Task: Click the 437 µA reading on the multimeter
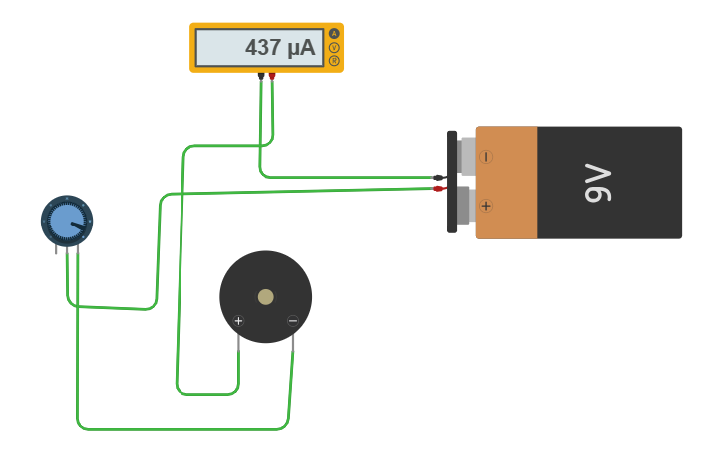pyautogui.click(x=279, y=47)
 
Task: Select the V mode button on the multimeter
pyautogui.click(x=334, y=47)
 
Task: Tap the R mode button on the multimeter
pyautogui.click(x=334, y=61)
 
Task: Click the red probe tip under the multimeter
pyautogui.click(x=272, y=76)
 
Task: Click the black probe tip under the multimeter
pyautogui.click(x=261, y=76)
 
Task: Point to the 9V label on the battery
pyautogui.click(x=598, y=183)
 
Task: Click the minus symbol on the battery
pyautogui.click(x=486, y=157)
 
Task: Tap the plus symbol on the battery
pyautogui.click(x=486, y=206)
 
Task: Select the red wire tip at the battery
pyautogui.click(x=438, y=188)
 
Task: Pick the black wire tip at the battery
pyautogui.click(x=438, y=177)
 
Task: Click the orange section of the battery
pyautogui.click(x=507, y=183)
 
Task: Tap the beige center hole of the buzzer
pyautogui.click(x=265, y=296)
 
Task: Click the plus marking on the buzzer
pyautogui.click(x=238, y=320)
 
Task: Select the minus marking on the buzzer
pyautogui.click(x=292, y=320)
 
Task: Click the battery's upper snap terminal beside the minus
pyautogui.click(x=466, y=157)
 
